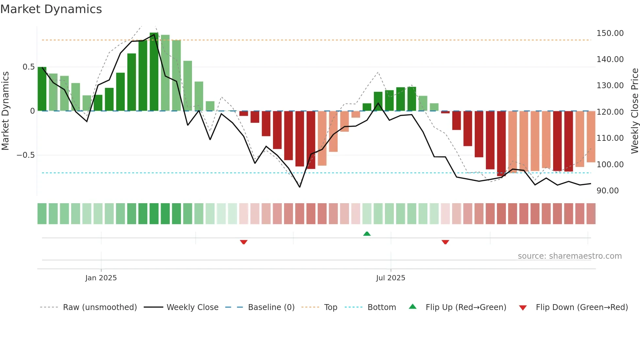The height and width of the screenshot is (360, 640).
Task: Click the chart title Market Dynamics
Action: [51, 9]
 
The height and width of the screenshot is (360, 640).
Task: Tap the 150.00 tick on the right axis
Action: [610, 33]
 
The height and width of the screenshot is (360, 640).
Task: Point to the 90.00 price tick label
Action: [607, 191]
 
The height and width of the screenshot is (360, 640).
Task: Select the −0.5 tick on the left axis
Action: [25, 155]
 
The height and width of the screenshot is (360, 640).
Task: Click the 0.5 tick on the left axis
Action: [28, 67]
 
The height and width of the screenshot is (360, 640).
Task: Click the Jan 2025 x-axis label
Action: [101, 278]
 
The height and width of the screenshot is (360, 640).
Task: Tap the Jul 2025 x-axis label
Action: [391, 278]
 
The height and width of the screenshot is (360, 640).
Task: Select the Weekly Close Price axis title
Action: [634, 111]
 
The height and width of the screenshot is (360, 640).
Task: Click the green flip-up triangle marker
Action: [367, 234]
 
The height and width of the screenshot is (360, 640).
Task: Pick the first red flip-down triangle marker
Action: [244, 242]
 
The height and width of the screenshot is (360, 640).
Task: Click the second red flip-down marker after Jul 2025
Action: [445, 242]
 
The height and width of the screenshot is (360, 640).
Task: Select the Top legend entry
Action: [330, 307]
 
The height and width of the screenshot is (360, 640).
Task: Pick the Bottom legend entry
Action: [381, 307]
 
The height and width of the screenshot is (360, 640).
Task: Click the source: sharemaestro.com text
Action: [569, 256]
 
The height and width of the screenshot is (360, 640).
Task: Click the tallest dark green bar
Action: [154, 72]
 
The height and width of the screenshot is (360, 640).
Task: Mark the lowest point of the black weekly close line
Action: [300, 187]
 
